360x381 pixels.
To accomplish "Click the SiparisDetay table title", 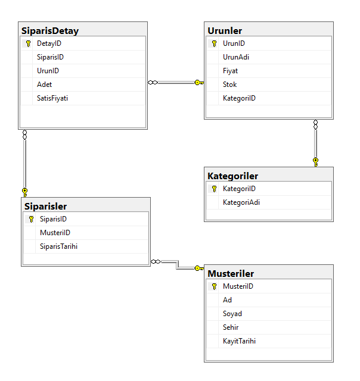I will point(50,30).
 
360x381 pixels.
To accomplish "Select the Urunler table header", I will point(225,30).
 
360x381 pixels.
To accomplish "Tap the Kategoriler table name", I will point(232,176).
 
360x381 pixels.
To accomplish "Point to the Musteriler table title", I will point(231,273).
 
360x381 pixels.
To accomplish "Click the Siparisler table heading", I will point(45,206).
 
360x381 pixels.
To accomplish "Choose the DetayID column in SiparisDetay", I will point(49,43).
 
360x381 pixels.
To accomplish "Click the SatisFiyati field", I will point(52,98).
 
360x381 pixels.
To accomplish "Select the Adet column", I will point(45,84).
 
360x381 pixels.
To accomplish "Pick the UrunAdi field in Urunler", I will point(236,57).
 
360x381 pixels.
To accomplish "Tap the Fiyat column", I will point(231,71).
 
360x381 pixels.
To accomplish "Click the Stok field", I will point(230,84).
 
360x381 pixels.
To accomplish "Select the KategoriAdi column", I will point(241,202).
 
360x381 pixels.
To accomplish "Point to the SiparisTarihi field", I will point(58,246).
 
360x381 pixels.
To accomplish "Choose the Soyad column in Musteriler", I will point(232,314).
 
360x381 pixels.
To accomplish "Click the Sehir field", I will point(231,327).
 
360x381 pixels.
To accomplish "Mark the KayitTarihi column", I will point(240,341).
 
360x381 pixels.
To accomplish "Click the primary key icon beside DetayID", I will point(28,44).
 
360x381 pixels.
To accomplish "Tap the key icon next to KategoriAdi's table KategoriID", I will point(214,189).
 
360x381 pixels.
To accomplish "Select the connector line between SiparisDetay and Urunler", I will point(176,83).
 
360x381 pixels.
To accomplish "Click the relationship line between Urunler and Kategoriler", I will point(315,143).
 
